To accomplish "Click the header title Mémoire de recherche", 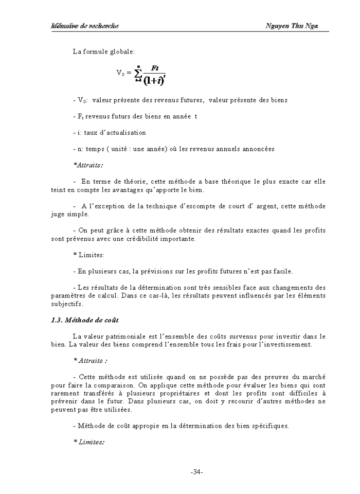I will click(84, 26).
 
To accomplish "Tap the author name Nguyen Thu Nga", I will click(292, 26).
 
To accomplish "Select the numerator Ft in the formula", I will click(155, 68).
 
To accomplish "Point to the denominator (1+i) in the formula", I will click(153, 80).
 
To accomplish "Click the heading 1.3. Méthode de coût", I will click(85, 320).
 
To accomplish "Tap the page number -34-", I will click(197, 472).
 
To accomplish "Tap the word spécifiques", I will click(268, 426).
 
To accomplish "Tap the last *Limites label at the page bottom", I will click(89, 442).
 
